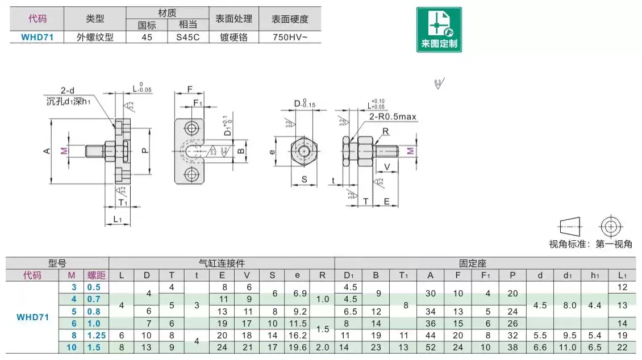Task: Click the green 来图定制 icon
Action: point(439,30)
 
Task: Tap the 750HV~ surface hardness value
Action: point(290,37)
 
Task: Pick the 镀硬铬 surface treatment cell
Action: point(234,37)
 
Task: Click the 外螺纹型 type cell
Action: point(95,37)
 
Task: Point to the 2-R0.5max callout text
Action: point(393,117)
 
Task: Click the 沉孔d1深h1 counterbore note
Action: point(69,102)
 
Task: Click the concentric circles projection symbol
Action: point(611,227)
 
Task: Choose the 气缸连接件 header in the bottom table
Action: point(222,263)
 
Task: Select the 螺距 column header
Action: point(96,275)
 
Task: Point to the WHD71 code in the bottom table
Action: point(32,317)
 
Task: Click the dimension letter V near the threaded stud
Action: point(387,166)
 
